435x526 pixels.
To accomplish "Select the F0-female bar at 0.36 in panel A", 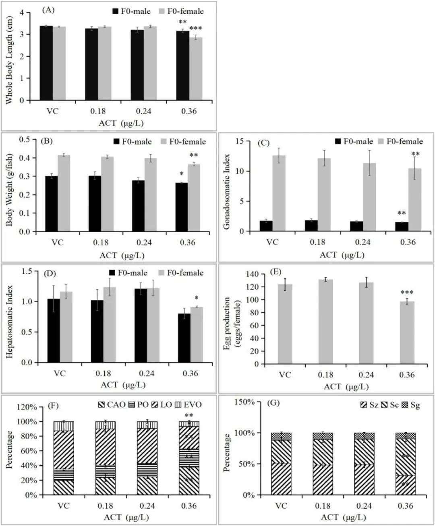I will click(x=196, y=68).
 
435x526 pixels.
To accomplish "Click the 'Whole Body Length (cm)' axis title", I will click(x=9, y=60).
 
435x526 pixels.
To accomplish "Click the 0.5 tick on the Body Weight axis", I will click(x=25, y=139).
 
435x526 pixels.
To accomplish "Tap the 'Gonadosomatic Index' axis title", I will click(x=226, y=192).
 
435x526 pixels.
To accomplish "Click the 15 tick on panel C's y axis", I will click(x=240, y=141).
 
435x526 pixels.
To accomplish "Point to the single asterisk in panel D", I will click(x=197, y=299).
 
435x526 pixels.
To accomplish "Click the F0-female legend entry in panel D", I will click(x=181, y=273).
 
